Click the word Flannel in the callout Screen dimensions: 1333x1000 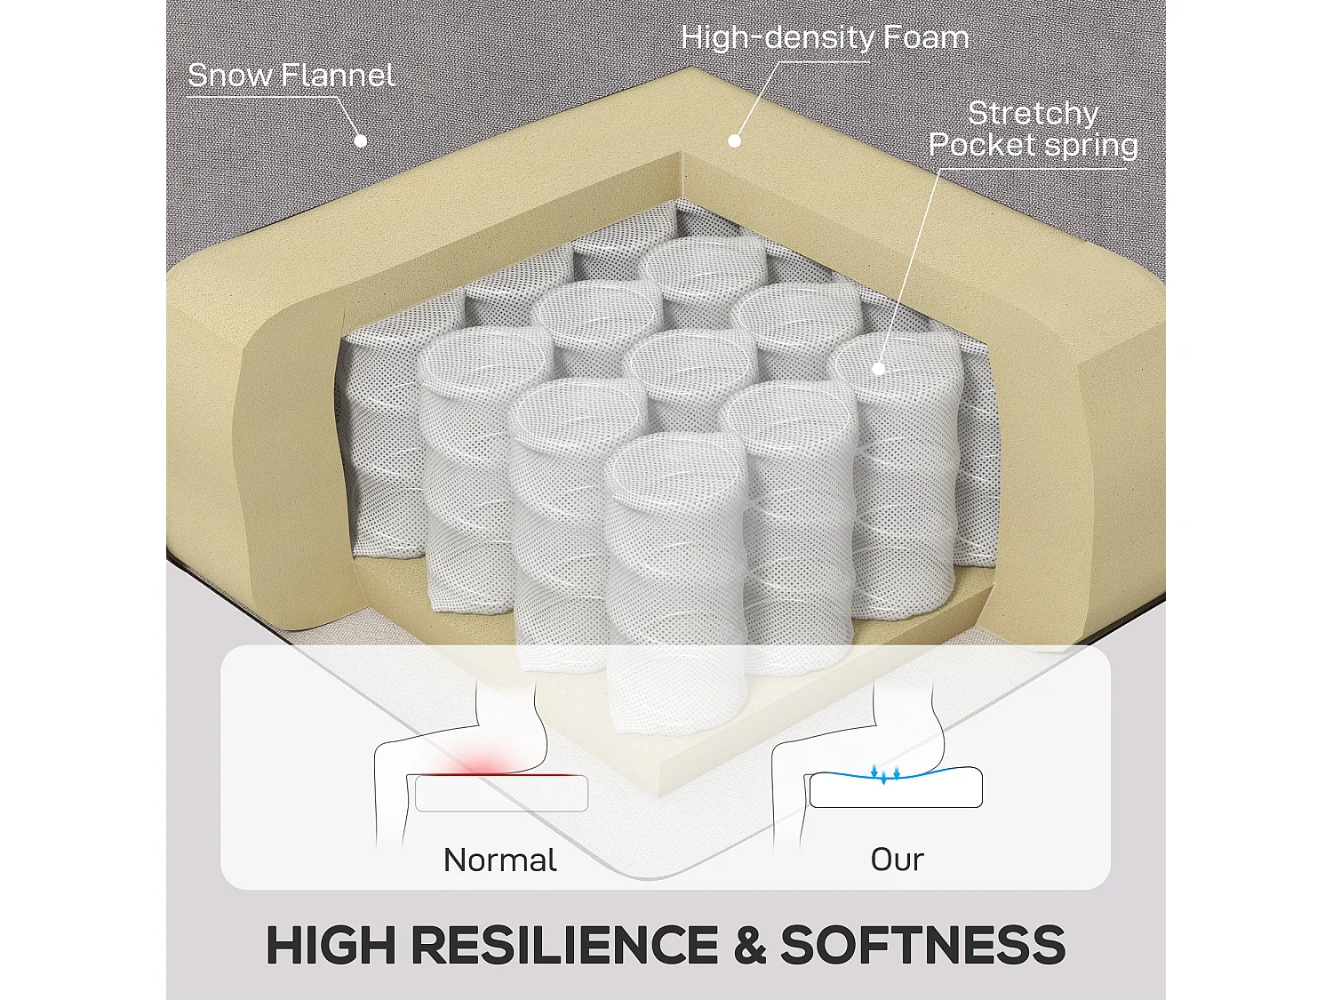click(x=339, y=76)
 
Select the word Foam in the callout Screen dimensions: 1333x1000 click(x=926, y=37)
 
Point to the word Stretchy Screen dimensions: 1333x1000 click(x=1033, y=114)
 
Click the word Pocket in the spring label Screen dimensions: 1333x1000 click(x=981, y=145)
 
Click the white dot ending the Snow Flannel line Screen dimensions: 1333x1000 click(x=361, y=140)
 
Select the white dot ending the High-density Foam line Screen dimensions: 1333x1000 click(x=734, y=140)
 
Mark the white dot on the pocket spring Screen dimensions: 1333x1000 click(x=877, y=368)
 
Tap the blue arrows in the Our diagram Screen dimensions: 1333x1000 click(x=884, y=773)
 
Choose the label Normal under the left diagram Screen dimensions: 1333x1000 click(x=499, y=860)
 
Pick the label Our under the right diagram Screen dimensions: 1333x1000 click(x=897, y=860)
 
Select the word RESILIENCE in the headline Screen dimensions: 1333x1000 click(x=564, y=945)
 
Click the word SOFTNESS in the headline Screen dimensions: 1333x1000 click(x=922, y=945)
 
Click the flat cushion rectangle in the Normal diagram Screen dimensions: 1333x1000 click(x=501, y=793)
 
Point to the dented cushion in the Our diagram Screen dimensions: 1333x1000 click(x=896, y=789)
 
